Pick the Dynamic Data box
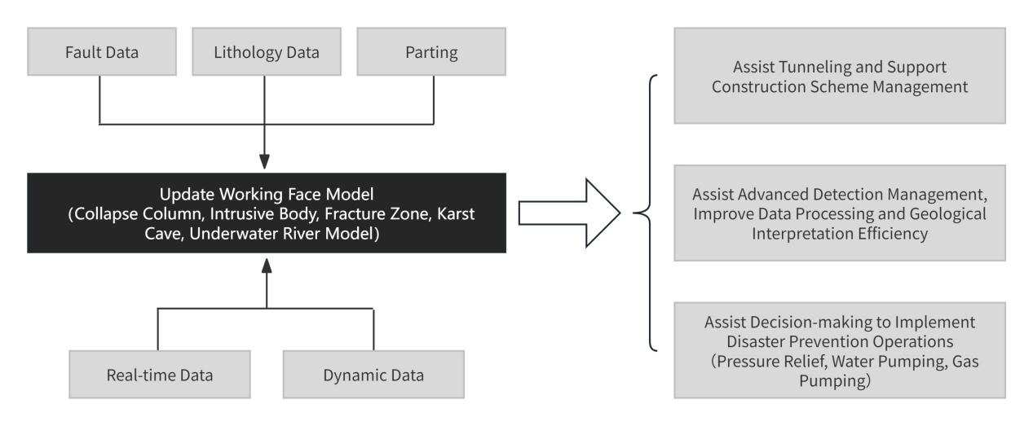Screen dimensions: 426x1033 (373, 375)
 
